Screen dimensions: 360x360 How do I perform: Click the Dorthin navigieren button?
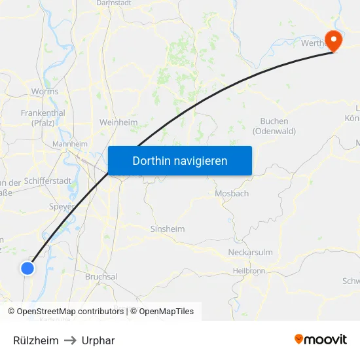tap(180, 160)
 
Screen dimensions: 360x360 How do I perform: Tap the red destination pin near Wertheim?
tap(334, 41)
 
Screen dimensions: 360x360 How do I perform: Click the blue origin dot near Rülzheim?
tap(27, 268)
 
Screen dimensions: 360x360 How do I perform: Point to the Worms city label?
tap(45, 92)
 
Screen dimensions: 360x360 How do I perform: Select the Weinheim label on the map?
tap(118, 122)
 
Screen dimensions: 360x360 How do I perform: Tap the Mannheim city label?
tap(70, 144)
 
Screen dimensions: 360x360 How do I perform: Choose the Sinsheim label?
tap(168, 229)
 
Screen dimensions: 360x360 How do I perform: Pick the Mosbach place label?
tap(232, 194)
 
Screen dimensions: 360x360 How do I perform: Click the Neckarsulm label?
tap(250, 252)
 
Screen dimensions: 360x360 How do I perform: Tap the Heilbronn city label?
tap(249, 270)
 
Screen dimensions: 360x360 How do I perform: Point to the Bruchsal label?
tap(101, 277)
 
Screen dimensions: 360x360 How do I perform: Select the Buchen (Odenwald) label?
tap(278, 126)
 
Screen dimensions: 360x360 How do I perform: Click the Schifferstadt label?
tap(47, 181)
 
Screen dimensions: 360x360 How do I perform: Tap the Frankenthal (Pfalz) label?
tap(43, 117)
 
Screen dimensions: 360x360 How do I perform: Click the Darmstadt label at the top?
tap(114, 3)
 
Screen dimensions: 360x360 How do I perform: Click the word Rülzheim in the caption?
tap(36, 340)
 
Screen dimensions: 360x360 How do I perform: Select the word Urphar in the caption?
tap(98, 340)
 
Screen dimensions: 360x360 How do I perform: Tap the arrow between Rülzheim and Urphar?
tap(70, 340)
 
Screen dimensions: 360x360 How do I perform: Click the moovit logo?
tap(321, 339)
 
